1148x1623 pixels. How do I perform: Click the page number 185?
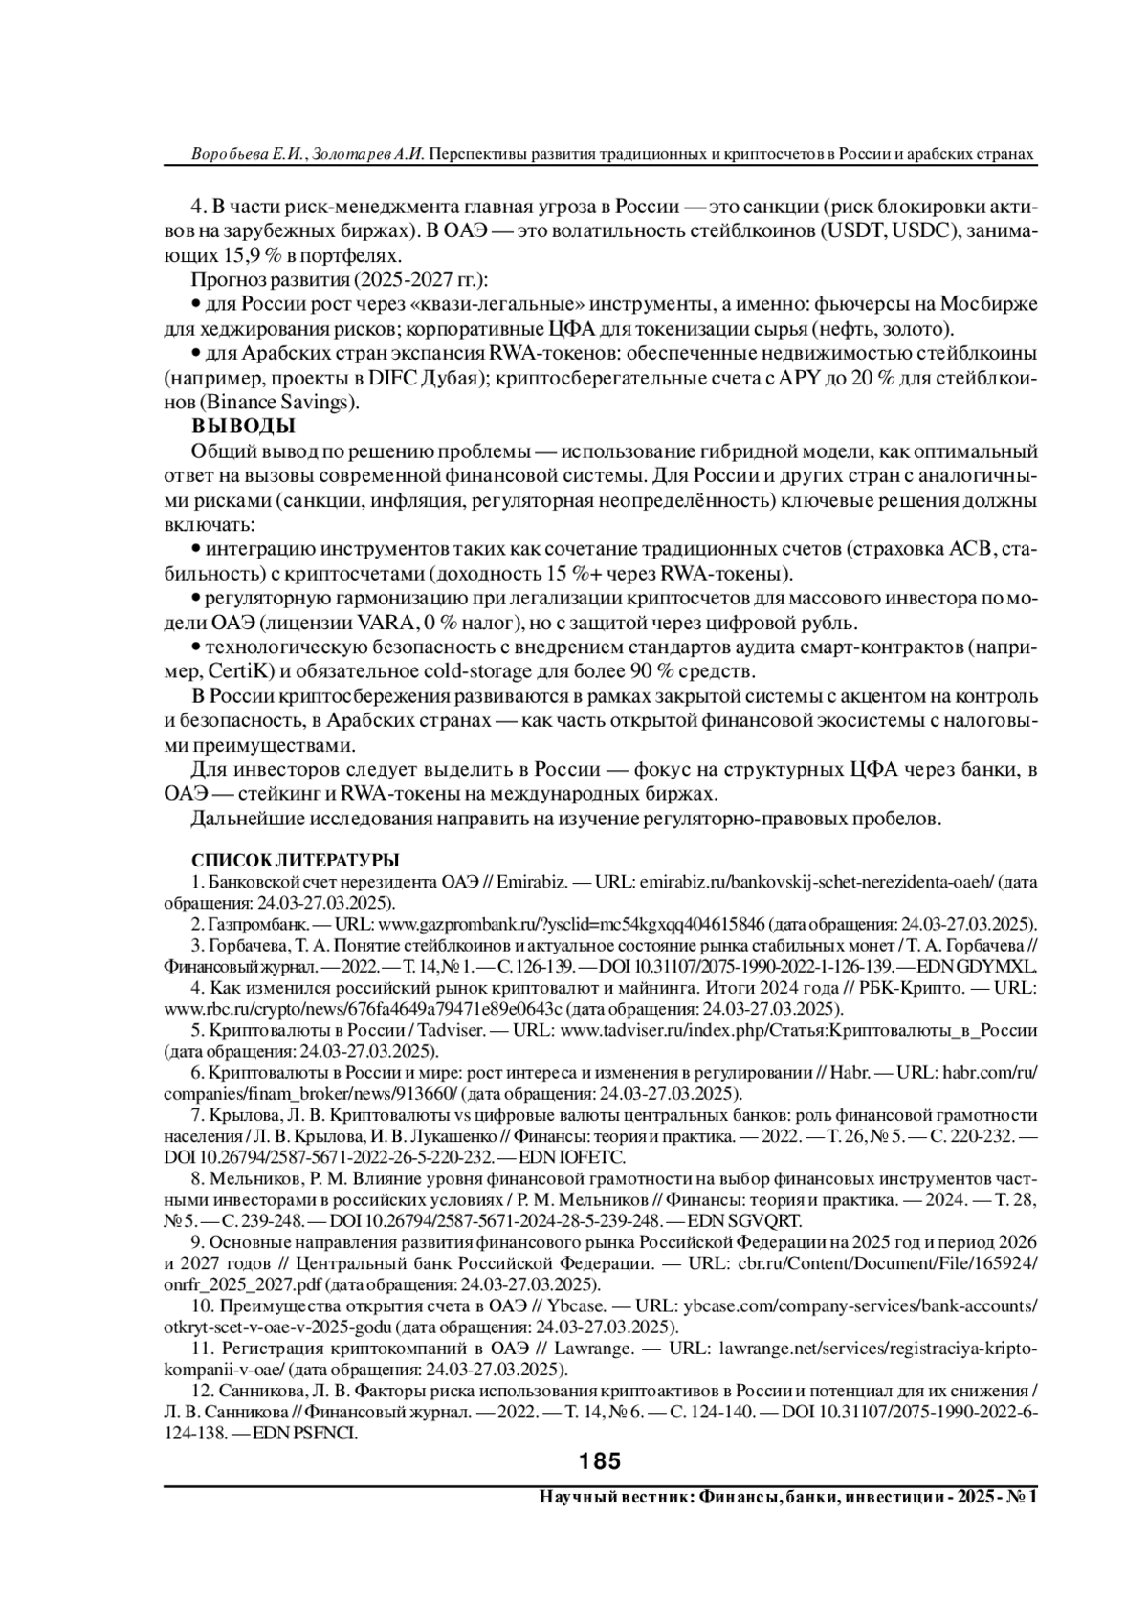click(600, 1461)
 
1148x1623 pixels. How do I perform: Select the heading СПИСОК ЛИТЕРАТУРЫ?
click(296, 860)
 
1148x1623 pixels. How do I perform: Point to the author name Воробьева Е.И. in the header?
click(246, 154)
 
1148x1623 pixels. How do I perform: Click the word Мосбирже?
click(989, 304)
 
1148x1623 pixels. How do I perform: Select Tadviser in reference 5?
click(448, 1032)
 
